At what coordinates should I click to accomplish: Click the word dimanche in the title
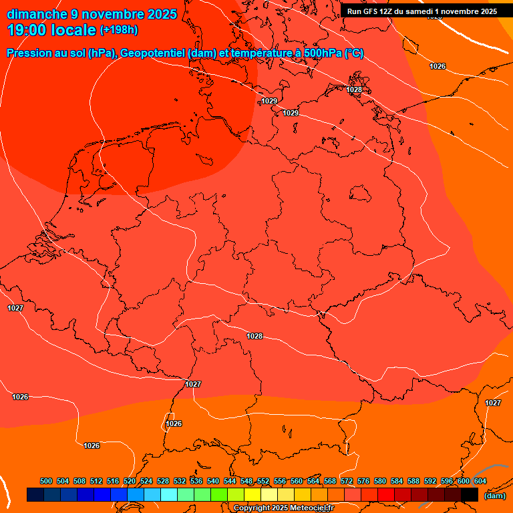[x=37, y=14]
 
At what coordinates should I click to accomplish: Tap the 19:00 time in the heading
[x=27, y=30]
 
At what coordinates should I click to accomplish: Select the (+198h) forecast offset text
[x=119, y=30]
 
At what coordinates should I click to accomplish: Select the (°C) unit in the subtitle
[x=354, y=53]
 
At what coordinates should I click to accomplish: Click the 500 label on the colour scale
[x=46, y=481]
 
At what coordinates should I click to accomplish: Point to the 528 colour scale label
[x=163, y=481]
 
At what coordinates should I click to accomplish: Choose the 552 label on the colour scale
[x=263, y=481]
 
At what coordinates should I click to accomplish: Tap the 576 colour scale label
[x=363, y=481]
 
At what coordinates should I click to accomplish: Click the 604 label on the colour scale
[x=480, y=481]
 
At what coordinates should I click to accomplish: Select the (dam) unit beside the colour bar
[x=494, y=496]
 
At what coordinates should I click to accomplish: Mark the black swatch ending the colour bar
[x=470, y=495]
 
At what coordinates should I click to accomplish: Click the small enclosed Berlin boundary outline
[x=361, y=193]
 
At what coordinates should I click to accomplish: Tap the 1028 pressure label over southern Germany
[x=254, y=336]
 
